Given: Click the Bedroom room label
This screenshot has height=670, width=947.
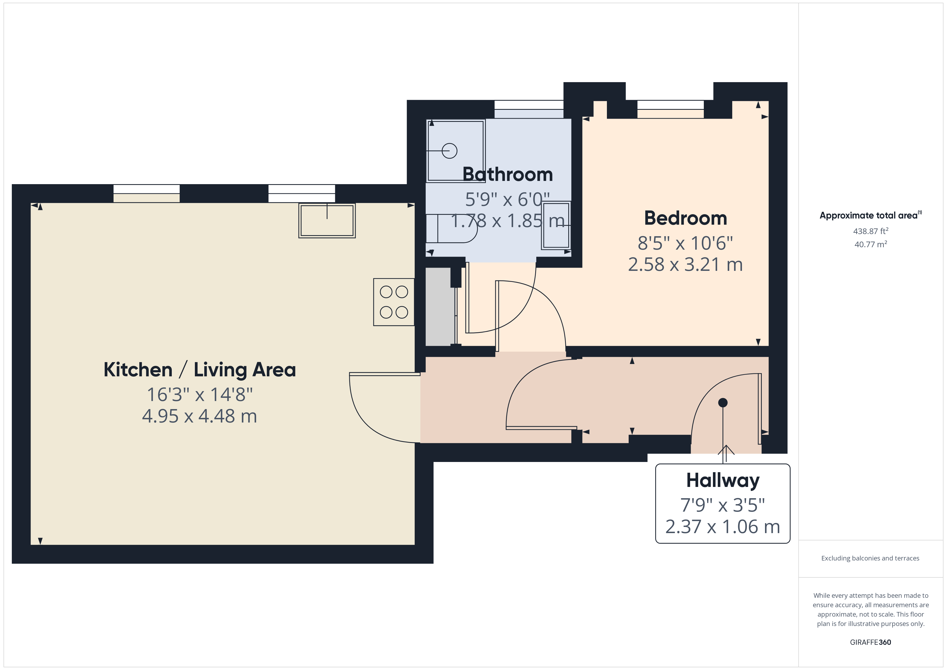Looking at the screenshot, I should tap(686, 218).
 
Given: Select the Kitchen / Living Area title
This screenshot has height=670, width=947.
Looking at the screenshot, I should tap(200, 370).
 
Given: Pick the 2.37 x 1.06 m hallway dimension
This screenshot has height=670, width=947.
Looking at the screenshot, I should tap(723, 527).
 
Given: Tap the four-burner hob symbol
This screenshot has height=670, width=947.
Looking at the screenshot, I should tap(394, 302).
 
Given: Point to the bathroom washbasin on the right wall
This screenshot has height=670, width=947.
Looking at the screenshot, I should tap(556, 225).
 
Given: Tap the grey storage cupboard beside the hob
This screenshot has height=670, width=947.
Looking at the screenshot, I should tap(440, 307).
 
